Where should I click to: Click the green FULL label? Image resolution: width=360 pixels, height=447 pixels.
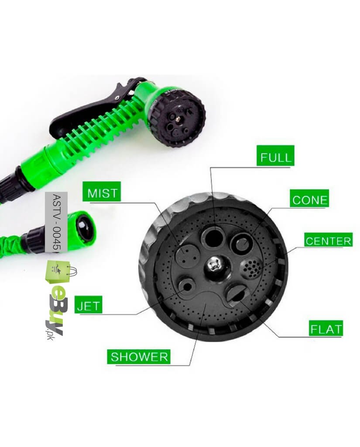(x=275, y=156)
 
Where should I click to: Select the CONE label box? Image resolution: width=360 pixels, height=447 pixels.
(x=309, y=199)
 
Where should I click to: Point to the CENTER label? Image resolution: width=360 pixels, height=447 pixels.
(x=328, y=240)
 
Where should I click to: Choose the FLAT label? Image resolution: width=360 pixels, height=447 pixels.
(x=326, y=328)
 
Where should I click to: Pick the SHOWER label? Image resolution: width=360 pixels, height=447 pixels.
(x=139, y=356)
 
